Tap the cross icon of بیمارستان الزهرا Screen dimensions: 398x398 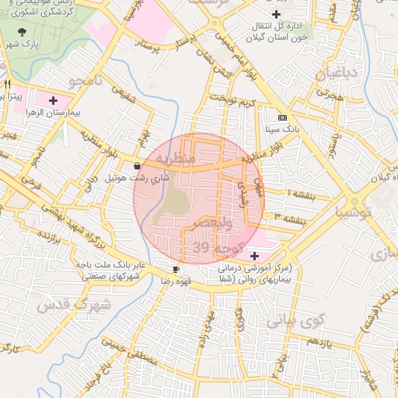tap(53, 100)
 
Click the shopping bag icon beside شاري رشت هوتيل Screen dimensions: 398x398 tap(138, 166)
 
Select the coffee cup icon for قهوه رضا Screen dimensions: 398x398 tap(176, 269)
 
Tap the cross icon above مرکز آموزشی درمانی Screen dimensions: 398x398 tap(255, 255)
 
